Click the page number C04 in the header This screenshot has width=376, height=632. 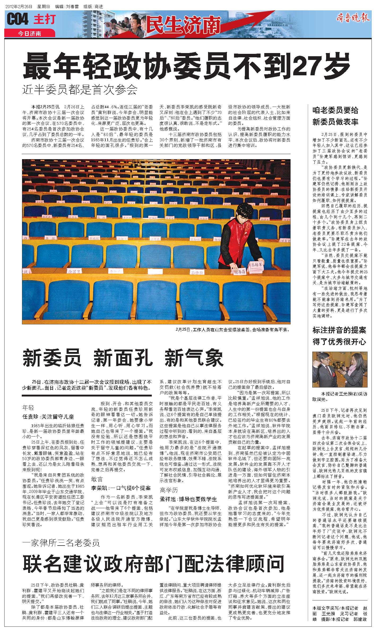pos(18,19)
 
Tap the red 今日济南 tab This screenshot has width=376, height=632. pos(29,34)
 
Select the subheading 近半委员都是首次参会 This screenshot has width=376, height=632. pos(80,90)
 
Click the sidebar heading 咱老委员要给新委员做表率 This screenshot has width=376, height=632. pos(335,116)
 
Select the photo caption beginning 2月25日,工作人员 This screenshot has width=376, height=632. pos(232,330)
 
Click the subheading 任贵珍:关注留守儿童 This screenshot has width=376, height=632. pos(48,417)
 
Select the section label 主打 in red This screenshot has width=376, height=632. pos(45,19)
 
